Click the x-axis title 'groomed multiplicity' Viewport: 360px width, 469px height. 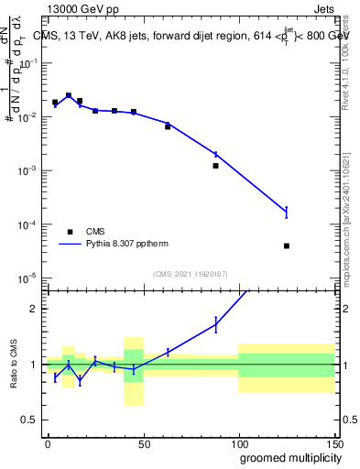point(288,456)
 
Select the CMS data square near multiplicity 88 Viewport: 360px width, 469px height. point(215,166)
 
